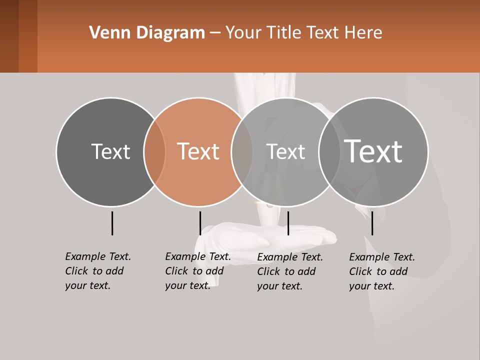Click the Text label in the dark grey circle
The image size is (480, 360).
[x=110, y=151]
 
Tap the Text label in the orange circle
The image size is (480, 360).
[x=198, y=151]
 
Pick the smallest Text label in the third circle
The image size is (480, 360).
[x=285, y=151]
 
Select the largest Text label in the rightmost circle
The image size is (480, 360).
[x=373, y=151]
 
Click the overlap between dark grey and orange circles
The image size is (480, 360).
[x=154, y=152]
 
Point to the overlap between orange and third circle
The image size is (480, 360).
[x=242, y=152]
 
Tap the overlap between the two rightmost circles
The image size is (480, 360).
[x=329, y=152]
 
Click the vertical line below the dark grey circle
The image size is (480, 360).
[x=112, y=223]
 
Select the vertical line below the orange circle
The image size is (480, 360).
[x=200, y=223]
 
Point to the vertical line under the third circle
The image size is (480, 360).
[x=288, y=223]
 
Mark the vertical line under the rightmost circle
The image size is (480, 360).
[x=372, y=223]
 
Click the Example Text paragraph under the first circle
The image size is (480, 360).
[x=97, y=271]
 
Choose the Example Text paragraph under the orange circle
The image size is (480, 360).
[x=197, y=271]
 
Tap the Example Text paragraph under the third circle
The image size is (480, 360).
[x=290, y=271]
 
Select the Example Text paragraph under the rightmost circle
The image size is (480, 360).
[x=382, y=271]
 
